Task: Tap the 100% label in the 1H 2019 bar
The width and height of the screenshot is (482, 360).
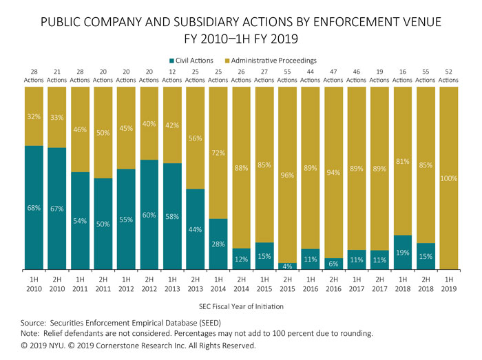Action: tap(448, 179)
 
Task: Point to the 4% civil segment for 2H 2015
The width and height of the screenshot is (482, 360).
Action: tap(288, 266)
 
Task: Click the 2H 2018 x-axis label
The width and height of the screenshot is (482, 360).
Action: tap(426, 284)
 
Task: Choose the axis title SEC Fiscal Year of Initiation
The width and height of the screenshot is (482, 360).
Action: tap(242, 306)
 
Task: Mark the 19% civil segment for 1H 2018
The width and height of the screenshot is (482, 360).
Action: tap(403, 252)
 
